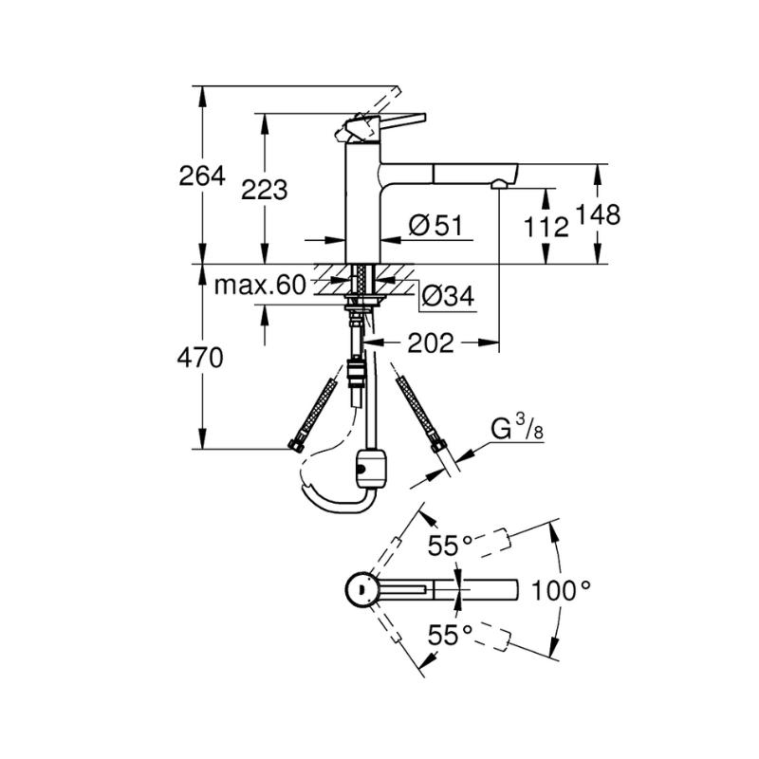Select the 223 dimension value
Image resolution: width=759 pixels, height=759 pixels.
point(264,190)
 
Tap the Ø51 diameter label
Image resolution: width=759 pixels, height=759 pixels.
point(435,225)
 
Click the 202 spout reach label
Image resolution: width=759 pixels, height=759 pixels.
point(430,342)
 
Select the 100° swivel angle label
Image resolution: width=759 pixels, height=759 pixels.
point(562,590)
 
